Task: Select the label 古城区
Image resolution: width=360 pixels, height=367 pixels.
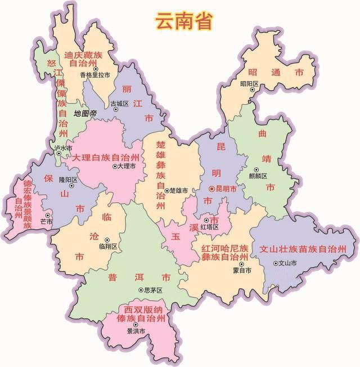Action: (119, 104)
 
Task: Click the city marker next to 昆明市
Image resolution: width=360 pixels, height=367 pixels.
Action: (211, 189)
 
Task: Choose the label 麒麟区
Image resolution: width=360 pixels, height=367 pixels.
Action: (258, 175)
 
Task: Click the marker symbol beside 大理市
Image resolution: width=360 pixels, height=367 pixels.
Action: (115, 167)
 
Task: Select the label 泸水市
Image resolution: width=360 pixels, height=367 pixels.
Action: (64, 148)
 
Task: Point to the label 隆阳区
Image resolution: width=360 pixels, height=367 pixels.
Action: (67, 180)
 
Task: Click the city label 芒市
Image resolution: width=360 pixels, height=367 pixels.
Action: (46, 222)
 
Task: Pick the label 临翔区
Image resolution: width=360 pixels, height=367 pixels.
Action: (107, 247)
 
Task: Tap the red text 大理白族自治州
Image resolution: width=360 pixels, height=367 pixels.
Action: (105, 157)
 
